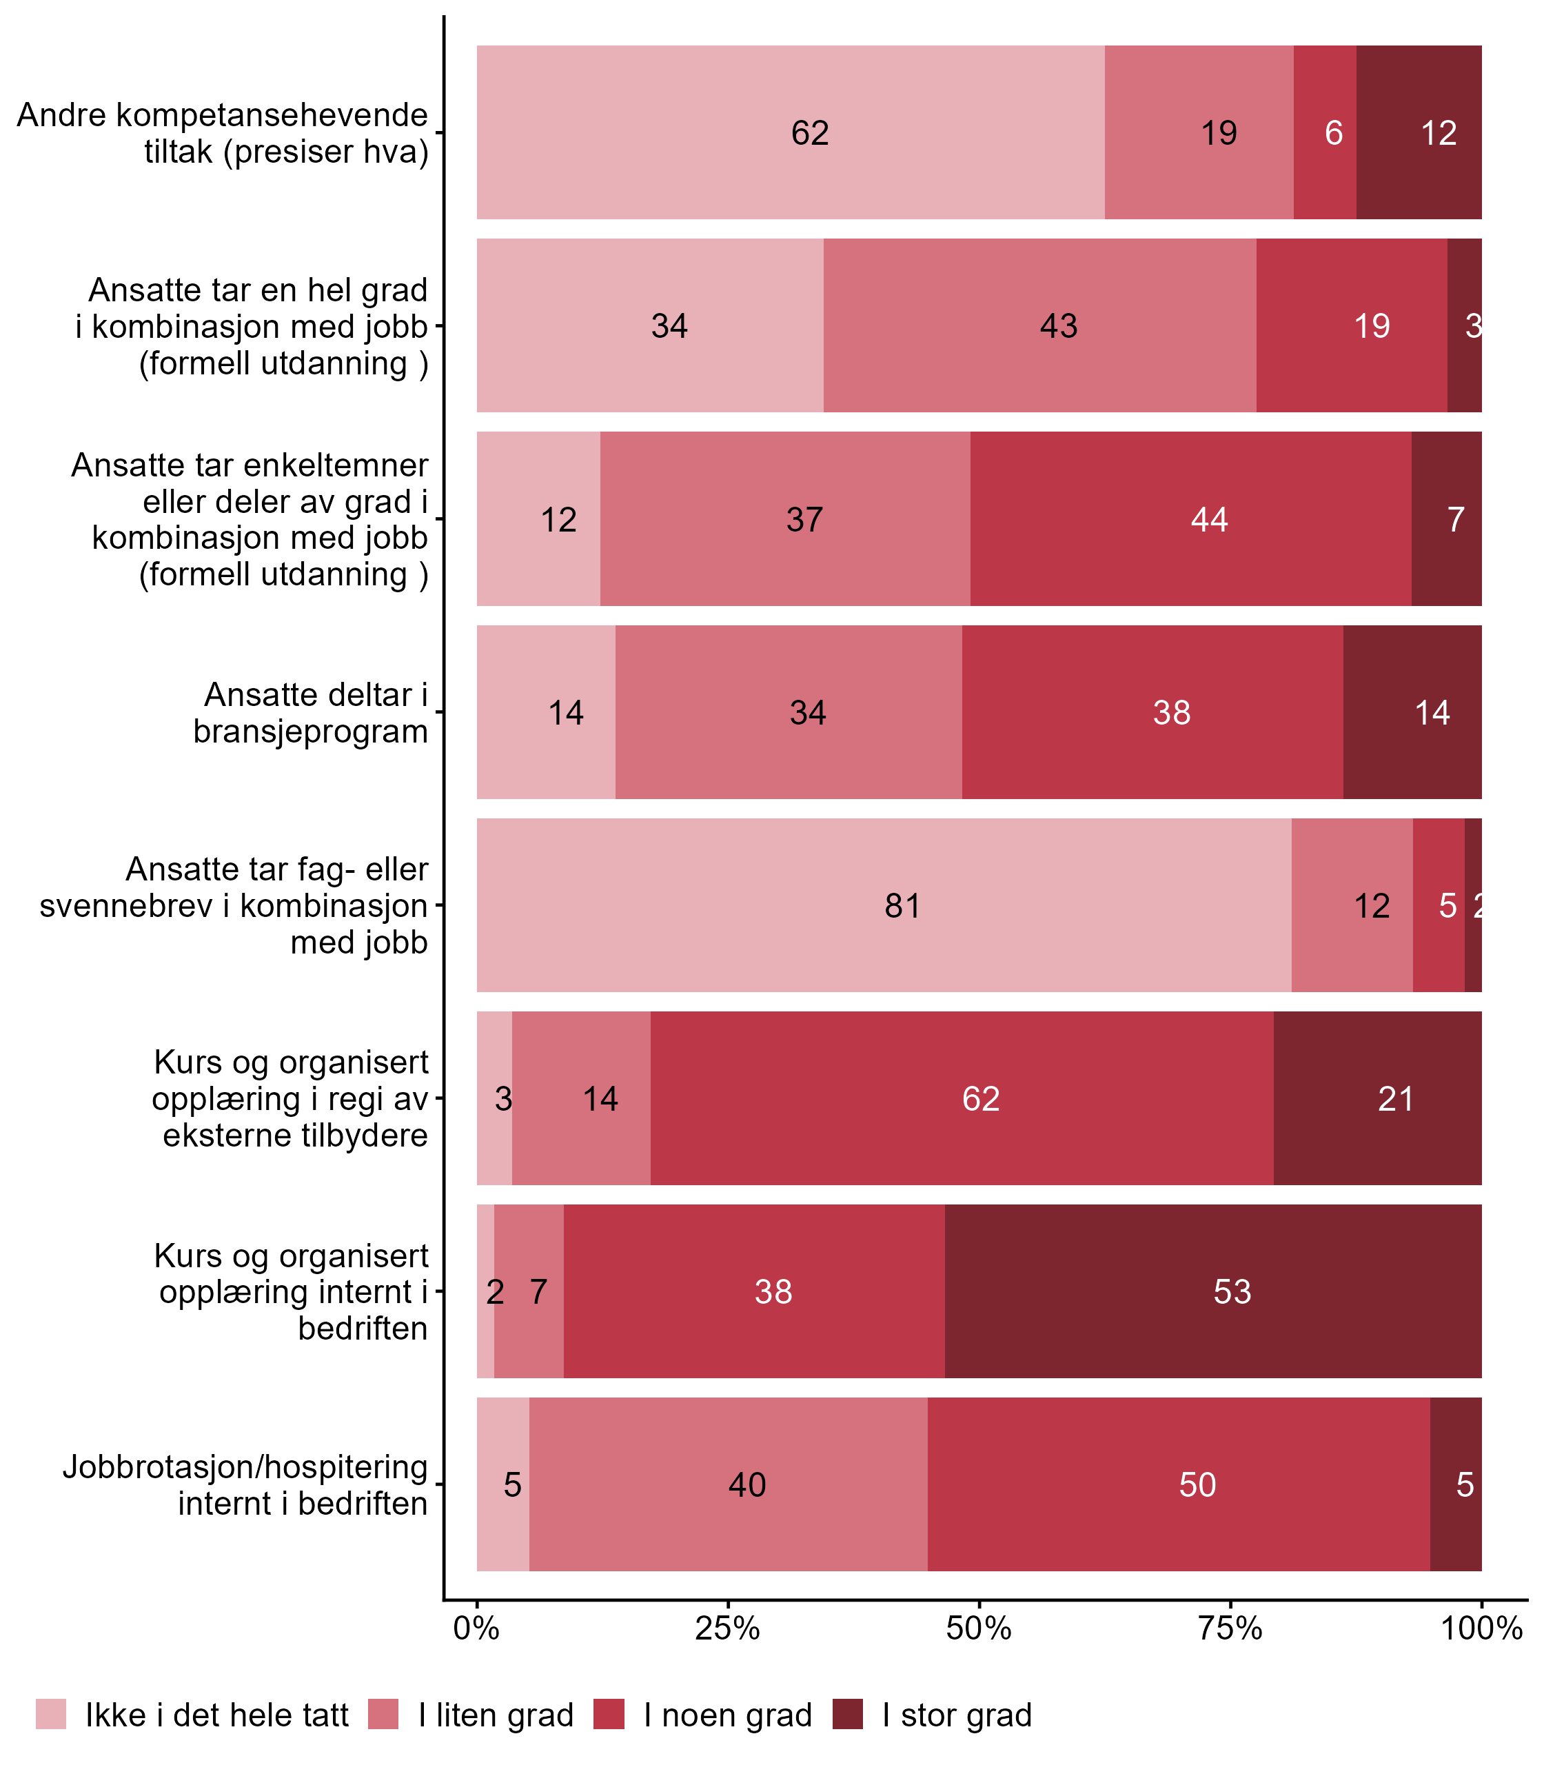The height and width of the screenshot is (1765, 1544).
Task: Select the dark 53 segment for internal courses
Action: click(x=1213, y=1292)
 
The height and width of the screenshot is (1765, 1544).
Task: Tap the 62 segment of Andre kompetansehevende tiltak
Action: click(x=790, y=132)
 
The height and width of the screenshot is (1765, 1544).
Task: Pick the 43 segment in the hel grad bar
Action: click(x=1039, y=325)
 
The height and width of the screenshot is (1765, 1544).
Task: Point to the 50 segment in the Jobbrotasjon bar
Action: click(x=1179, y=1485)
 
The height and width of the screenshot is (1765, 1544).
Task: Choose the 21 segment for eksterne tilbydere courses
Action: click(x=1377, y=1099)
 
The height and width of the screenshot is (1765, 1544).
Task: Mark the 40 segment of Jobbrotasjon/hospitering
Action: click(x=728, y=1485)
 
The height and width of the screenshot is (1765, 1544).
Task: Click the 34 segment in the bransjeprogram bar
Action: click(x=789, y=713)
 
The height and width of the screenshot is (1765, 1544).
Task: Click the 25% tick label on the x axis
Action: click(x=728, y=1630)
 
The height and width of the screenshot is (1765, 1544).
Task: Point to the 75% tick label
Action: click(x=1230, y=1630)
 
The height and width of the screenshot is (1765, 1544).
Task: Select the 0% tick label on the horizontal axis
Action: click(x=476, y=1630)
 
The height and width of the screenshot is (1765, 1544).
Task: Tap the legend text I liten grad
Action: click(x=496, y=1716)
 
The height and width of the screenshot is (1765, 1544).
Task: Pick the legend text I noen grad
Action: click(x=728, y=1716)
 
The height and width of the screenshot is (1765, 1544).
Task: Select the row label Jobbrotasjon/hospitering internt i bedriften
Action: click(x=245, y=1485)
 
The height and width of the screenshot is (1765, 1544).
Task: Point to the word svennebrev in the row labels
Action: click(x=127, y=907)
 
